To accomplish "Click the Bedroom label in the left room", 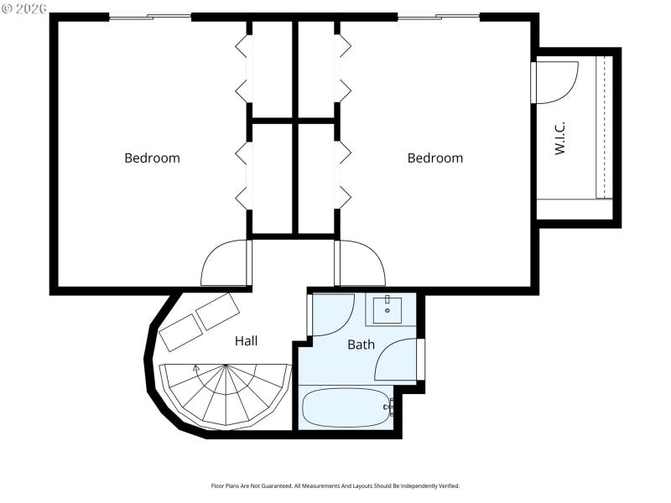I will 152,158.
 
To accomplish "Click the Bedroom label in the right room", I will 434,158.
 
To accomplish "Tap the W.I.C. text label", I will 560,137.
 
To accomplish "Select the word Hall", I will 246,341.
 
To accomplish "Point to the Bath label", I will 361,345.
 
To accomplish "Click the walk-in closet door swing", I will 554,82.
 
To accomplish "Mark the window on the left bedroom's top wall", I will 150,17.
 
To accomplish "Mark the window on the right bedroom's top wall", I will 438,17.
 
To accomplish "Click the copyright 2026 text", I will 25,8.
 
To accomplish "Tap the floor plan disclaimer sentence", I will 335,486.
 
